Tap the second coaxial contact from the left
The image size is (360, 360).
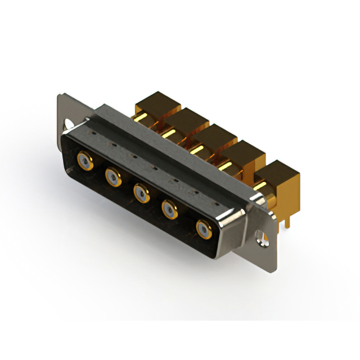tap(112, 178)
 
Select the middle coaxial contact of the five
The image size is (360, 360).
tap(141, 194)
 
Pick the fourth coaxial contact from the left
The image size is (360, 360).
tap(169, 210)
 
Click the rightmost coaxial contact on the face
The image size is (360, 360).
tap(202, 229)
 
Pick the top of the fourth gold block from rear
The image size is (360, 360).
tap(243, 148)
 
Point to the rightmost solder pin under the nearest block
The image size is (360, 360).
tap(288, 222)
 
